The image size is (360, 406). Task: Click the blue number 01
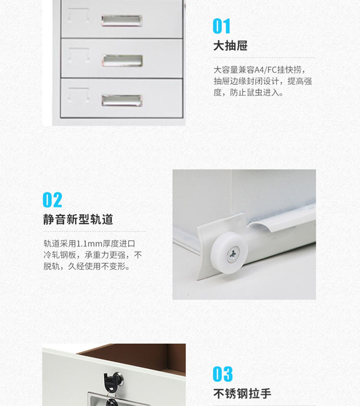pos(221,26)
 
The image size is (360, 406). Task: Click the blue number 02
pos(52,199)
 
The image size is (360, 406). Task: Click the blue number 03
pos(223,374)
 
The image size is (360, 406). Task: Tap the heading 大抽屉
pos(230,46)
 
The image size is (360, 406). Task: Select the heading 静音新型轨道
pos(78,219)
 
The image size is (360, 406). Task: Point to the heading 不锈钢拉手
pos(242,394)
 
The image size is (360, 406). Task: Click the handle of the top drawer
pos(122,21)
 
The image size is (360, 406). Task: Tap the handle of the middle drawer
pos(122,61)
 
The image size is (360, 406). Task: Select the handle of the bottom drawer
pos(122,100)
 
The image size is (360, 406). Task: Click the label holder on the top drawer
pos(79,15)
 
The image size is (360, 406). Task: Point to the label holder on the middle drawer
pos(79,55)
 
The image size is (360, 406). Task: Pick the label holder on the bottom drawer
pos(79,95)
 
